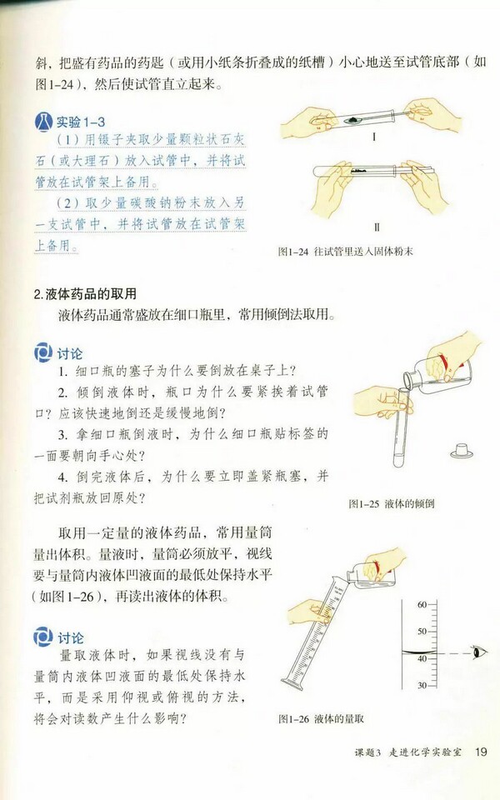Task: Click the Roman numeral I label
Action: click(375, 136)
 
